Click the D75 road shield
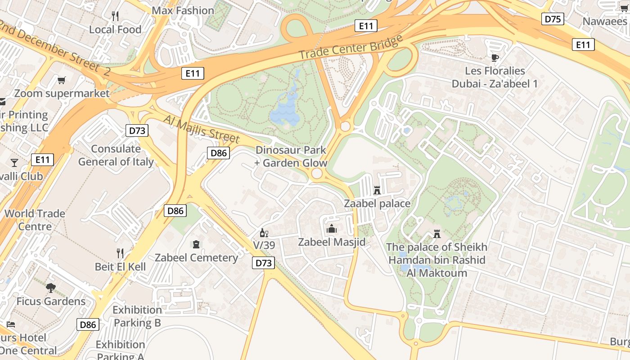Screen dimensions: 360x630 coord(553,18)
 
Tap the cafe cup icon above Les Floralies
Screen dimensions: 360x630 coord(495,57)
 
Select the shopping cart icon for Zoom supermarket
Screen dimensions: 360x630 coord(62,80)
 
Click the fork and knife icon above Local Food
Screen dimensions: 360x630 coord(115,16)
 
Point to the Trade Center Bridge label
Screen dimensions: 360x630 coord(351,47)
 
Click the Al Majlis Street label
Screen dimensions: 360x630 coord(202,129)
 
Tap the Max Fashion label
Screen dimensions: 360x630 coord(183,10)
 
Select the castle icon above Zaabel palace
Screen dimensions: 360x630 coord(377,190)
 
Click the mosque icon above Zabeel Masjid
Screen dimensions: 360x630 coord(332,229)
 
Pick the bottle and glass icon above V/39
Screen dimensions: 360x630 coord(264,233)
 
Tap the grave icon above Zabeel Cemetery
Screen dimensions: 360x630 coord(196,244)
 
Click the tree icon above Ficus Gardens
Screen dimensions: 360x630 coord(51,288)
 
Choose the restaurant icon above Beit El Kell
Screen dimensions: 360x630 coord(120,253)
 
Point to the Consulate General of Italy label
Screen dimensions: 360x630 coord(116,155)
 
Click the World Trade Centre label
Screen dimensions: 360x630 coord(35,220)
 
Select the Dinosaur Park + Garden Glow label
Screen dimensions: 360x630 coord(291,156)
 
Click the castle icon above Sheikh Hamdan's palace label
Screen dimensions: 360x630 coord(436,234)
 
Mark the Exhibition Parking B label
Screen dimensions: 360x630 coord(137,316)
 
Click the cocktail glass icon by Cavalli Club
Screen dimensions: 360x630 coord(14,162)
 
